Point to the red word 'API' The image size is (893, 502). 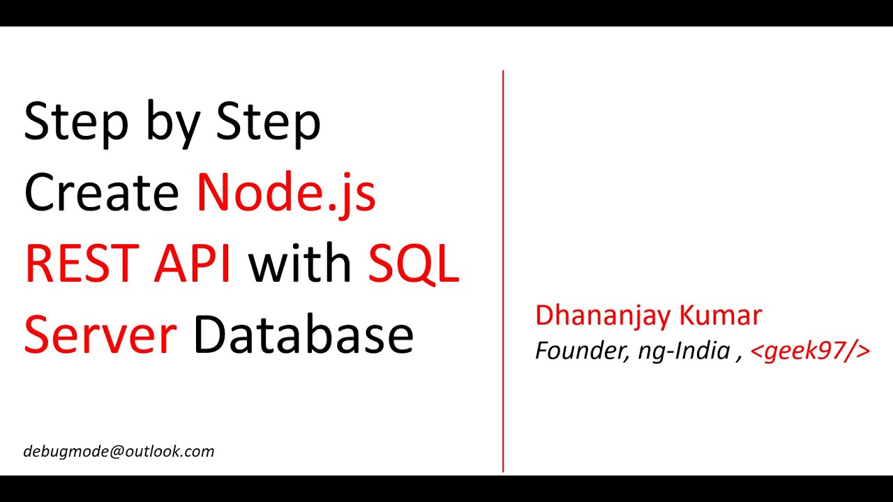(x=197, y=264)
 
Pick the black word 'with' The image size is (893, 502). (x=300, y=264)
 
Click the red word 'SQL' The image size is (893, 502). (x=414, y=264)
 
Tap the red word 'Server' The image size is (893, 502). (x=100, y=335)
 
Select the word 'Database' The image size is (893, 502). (x=303, y=335)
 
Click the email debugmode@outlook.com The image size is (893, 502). (x=119, y=452)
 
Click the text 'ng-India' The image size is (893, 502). (x=684, y=351)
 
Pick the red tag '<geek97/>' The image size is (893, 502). (x=810, y=351)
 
